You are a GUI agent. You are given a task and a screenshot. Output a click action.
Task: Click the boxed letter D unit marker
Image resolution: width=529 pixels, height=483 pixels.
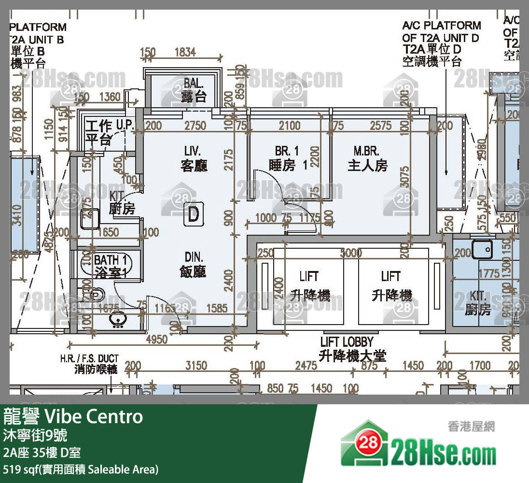click(193, 214)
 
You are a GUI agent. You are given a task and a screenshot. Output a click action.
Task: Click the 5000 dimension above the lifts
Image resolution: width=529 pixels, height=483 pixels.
click(351, 253)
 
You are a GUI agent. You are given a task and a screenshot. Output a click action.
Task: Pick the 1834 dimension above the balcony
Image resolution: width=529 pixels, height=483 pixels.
click(185, 53)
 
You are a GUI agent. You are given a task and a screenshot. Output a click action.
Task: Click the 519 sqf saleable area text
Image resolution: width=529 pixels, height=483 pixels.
click(80, 469)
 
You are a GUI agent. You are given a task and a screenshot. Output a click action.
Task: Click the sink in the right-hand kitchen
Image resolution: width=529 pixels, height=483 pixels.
click(482, 250)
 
